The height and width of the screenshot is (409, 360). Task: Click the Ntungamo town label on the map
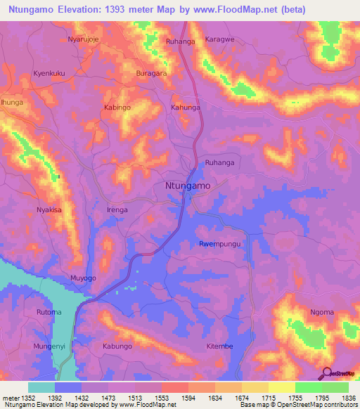pos(187,186)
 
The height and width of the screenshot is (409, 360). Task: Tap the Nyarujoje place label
pos(85,39)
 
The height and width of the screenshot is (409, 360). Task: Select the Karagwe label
pos(218,39)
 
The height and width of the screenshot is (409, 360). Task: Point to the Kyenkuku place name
pos(49,73)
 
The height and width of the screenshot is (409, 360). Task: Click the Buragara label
pos(151,73)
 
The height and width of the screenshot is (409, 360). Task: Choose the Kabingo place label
pos(117,108)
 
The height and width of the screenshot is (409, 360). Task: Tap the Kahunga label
pos(186,108)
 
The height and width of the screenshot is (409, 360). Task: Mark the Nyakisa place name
pos(49,210)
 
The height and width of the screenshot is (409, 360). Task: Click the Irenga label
pos(117,210)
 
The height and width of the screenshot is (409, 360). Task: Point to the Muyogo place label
pos(83,278)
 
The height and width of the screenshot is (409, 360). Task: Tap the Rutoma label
pos(49,312)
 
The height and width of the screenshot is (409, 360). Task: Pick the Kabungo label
pos(117,346)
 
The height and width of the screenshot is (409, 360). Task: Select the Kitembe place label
pos(219,346)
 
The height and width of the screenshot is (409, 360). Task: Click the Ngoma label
pos(321,312)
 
